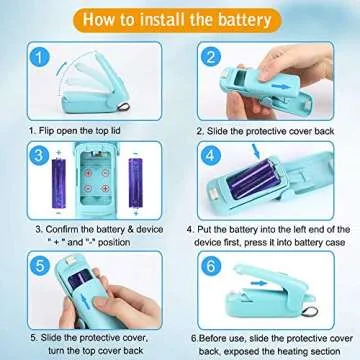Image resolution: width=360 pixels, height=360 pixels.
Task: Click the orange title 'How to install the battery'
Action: click(179, 18)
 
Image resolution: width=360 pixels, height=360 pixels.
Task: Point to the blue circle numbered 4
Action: click(211, 156)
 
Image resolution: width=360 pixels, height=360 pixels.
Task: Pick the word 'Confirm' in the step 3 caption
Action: click(51, 228)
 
